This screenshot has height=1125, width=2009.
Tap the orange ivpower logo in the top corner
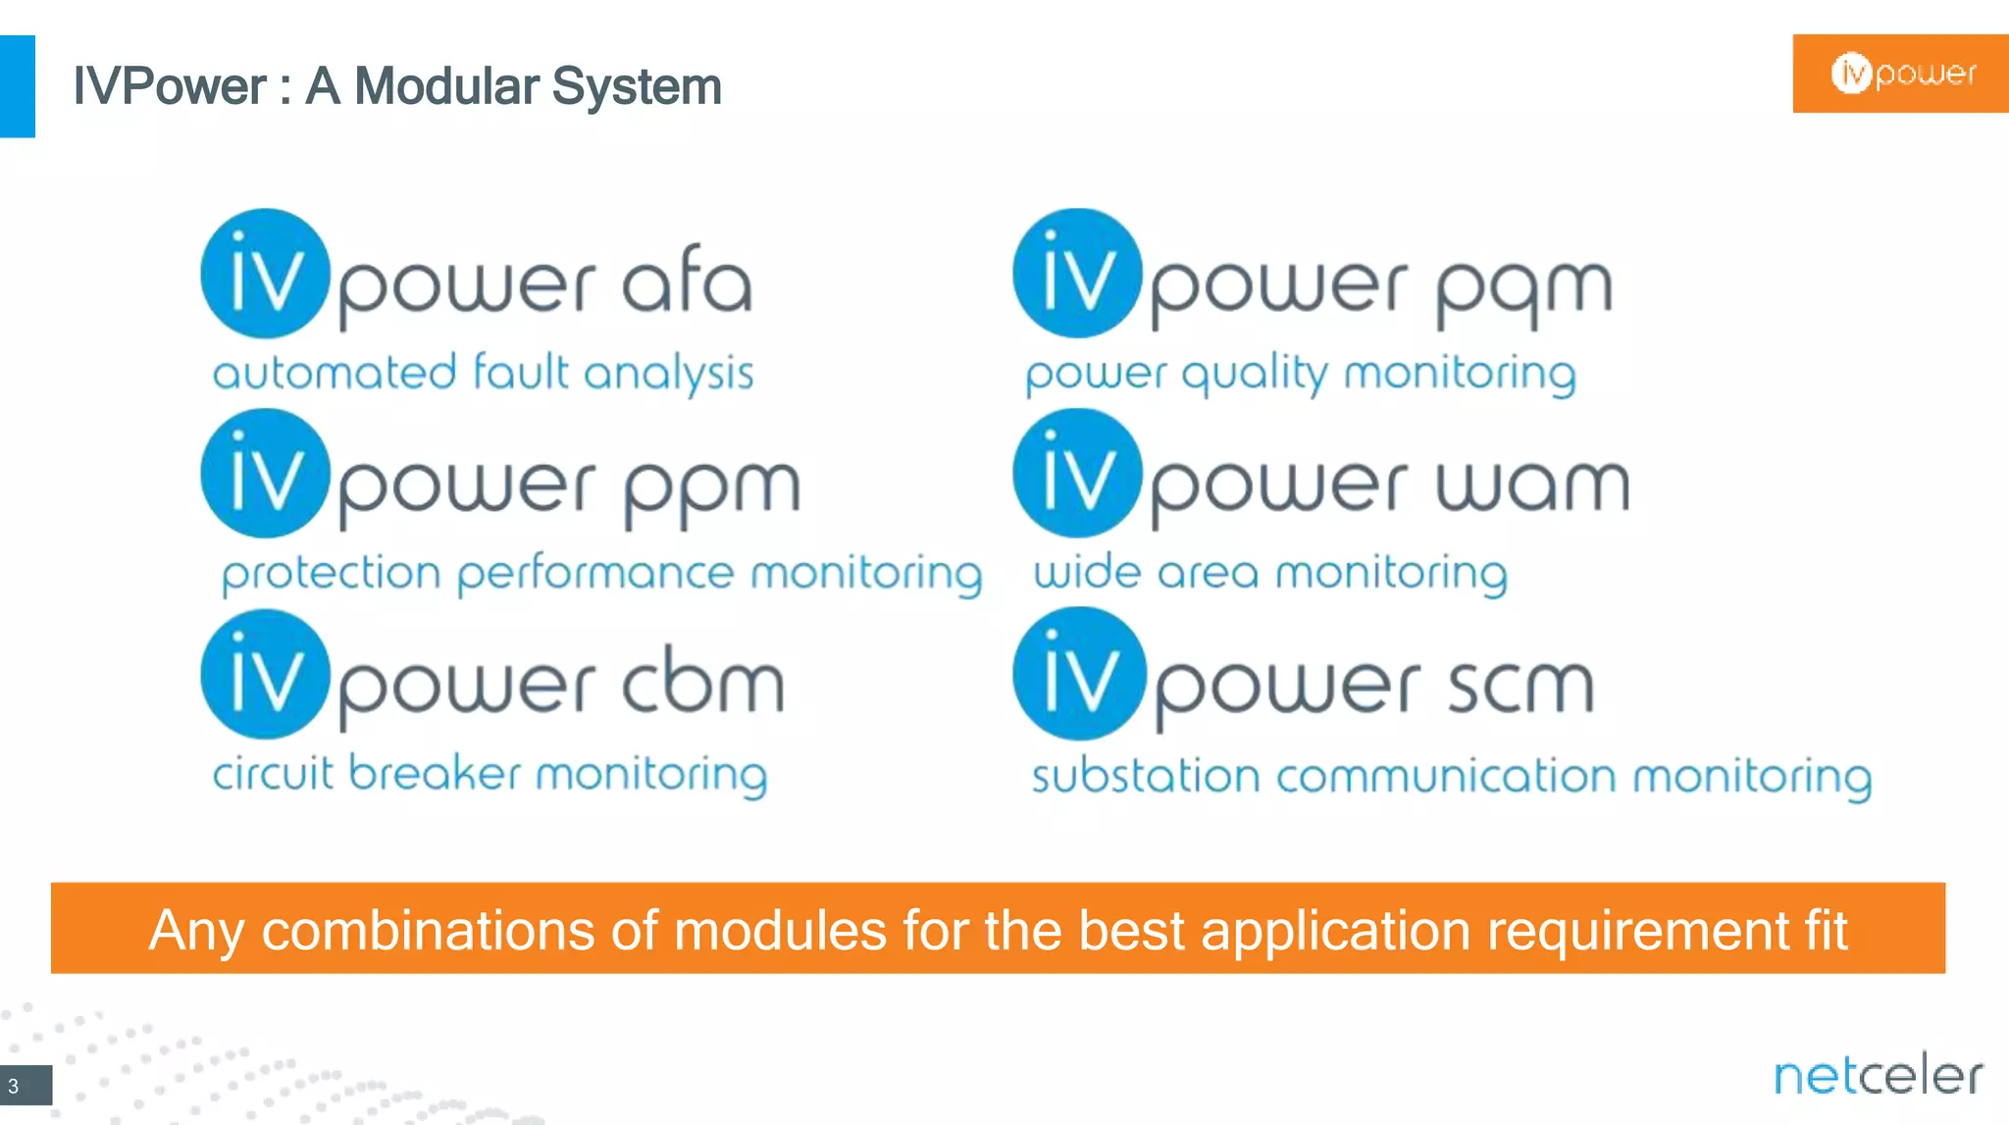[x=1901, y=74]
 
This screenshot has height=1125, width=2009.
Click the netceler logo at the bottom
[x=1878, y=1076]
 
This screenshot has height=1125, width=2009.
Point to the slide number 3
[x=14, y=1086]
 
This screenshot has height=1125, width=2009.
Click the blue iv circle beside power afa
[x=265, y=274]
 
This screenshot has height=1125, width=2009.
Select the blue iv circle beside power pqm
[x=1077, y=274]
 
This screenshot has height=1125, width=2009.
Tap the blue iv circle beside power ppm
[x=265, y=474]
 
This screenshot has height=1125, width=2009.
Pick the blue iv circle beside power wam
[x=1077, y=474]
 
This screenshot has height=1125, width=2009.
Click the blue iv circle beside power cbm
[x=265, y=675]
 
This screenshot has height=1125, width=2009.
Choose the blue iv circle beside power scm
[x=1079, y=674]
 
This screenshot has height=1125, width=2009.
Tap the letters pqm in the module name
[x=1524, y=289]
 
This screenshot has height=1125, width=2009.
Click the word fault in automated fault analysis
[x=520, y=373]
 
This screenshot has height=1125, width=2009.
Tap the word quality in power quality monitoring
[x=1255, y=375]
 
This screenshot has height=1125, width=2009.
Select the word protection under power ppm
[x=331, y=574]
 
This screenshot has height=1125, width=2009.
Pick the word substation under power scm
[x=1145, y=776]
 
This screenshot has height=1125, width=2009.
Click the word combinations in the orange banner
[x=428, y=930]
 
